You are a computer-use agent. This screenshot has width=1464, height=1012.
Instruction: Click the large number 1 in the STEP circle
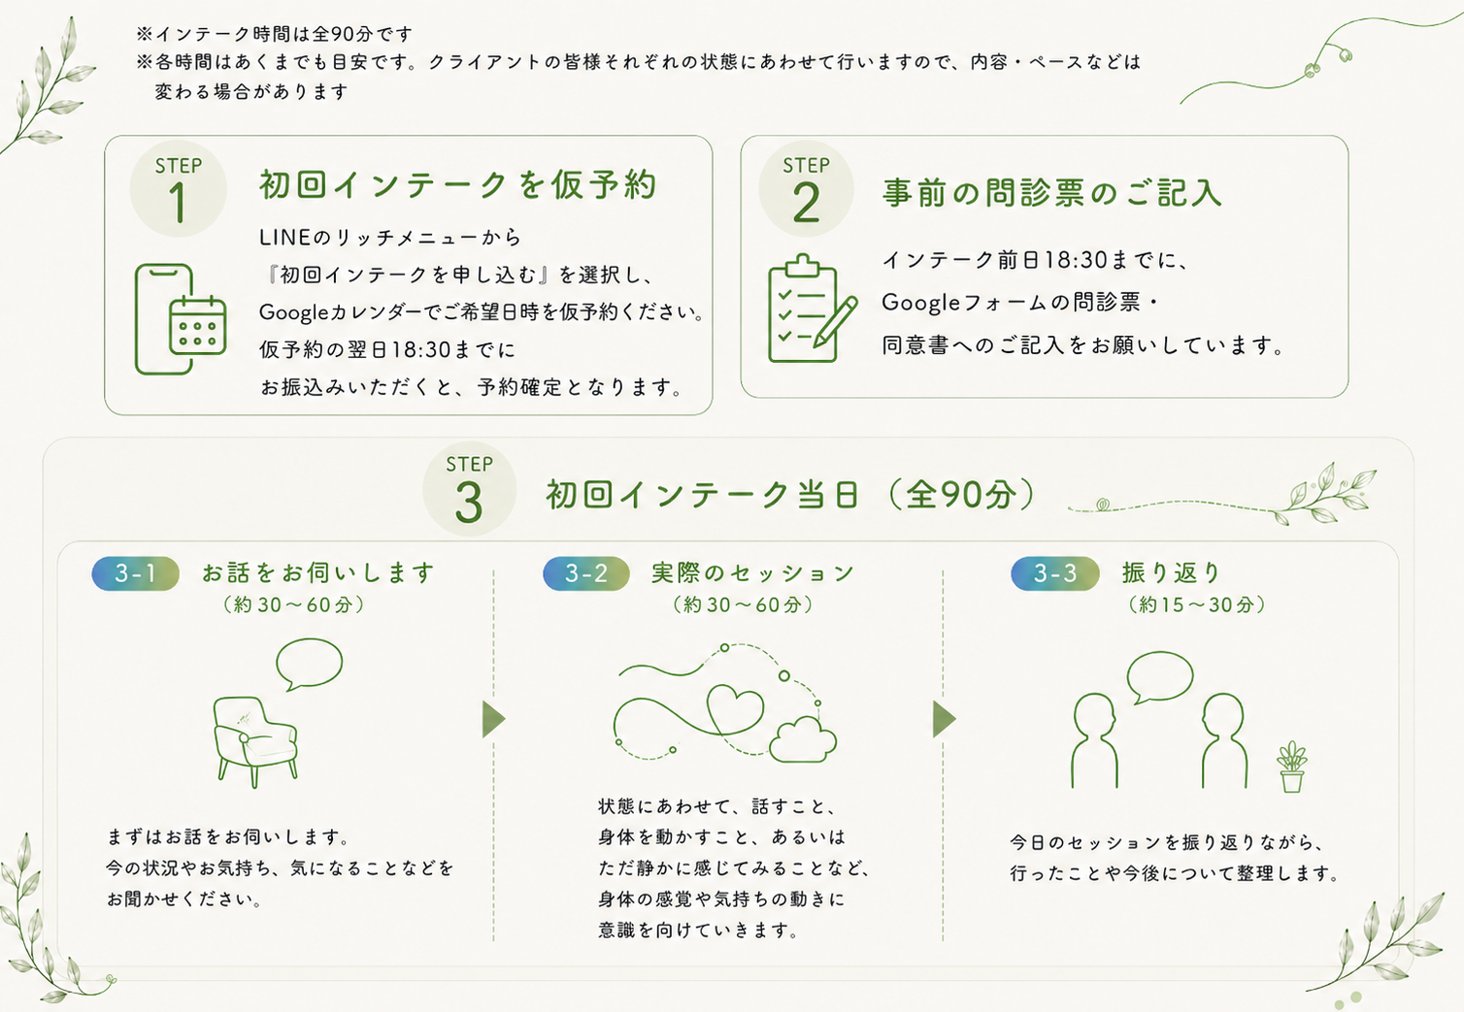(178, 203)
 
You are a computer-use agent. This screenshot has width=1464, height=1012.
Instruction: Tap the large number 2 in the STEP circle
(806, 203)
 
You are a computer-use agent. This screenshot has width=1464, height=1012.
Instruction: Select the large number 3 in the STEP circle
(469, 503)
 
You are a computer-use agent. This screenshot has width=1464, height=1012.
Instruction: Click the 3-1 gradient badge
(135, 573)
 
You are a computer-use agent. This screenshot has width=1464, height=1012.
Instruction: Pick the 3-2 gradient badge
(586, 573)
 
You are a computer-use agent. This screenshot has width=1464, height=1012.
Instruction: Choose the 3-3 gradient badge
(1055, 573)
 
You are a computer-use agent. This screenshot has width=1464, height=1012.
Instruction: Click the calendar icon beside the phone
(197, 325)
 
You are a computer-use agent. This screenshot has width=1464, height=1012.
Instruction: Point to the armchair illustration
(255, 741)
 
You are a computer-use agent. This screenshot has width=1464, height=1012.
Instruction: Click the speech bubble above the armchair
(309, 663)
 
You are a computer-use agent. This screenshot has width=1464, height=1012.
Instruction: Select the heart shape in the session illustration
(735, 713)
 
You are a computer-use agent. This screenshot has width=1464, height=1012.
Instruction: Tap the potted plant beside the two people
(1291, 767)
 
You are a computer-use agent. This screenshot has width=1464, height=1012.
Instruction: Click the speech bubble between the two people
(1160, 677)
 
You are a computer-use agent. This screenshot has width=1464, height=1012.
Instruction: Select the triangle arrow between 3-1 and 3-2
(493, 719)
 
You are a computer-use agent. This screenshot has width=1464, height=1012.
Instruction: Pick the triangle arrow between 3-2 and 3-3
(944, 719)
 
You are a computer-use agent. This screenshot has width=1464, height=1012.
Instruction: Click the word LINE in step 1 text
(284, 237)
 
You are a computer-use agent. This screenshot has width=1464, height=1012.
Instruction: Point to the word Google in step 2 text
(921, 303)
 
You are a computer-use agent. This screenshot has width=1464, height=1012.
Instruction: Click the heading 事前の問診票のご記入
(1051, 193)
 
